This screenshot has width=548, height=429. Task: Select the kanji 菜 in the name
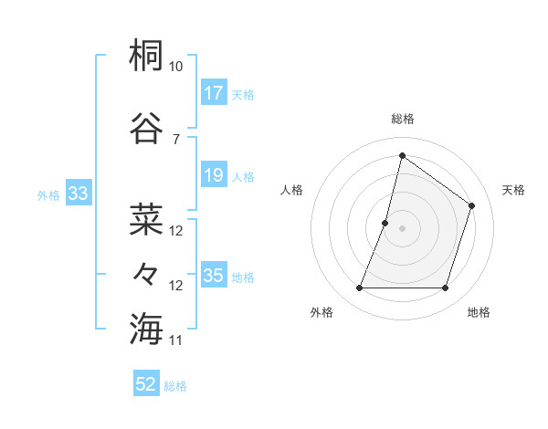[146, 219]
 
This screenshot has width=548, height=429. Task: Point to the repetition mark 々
[146, 273]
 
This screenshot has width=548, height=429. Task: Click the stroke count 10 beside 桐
[175, 67]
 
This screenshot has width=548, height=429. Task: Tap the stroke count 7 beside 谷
[175, 139]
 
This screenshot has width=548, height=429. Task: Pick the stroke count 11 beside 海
[175, 340]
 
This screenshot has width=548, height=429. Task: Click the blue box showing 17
[213, 92]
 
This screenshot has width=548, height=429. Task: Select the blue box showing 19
[213, 175]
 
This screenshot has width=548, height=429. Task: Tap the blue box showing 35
[213, 276]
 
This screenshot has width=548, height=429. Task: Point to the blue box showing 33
[78, 194]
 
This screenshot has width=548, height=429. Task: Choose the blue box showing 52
[146, 384]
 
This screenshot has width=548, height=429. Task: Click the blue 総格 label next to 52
[175, 386]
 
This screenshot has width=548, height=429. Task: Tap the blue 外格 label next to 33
[48, 194]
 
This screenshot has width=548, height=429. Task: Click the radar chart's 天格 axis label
[513, 190]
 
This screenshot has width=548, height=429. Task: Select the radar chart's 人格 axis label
[292, 190]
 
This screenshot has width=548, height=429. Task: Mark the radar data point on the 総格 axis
[402, 156]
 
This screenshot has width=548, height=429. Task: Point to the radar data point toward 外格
[359, 288]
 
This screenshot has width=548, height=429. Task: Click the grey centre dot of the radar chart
[402, 228]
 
